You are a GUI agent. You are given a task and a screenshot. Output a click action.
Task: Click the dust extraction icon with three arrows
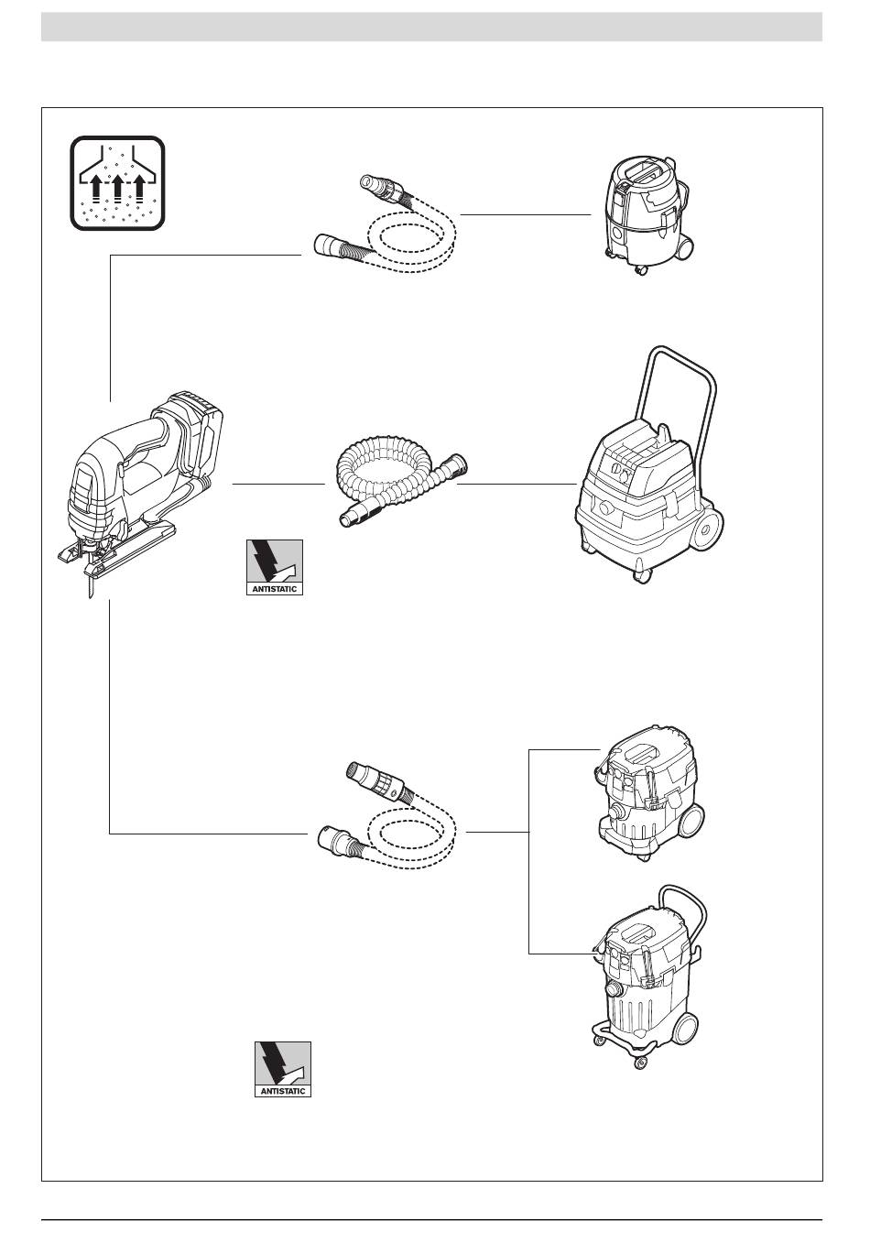pos(117,182)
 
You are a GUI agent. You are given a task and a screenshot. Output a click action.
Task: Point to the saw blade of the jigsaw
pos(90,583)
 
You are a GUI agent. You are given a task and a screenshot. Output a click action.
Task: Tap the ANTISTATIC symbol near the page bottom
pos(283,1069)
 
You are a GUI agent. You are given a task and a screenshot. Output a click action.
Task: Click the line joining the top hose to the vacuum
pos(525,214)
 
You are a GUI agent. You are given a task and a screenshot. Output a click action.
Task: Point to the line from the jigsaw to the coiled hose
pos(278,483)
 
